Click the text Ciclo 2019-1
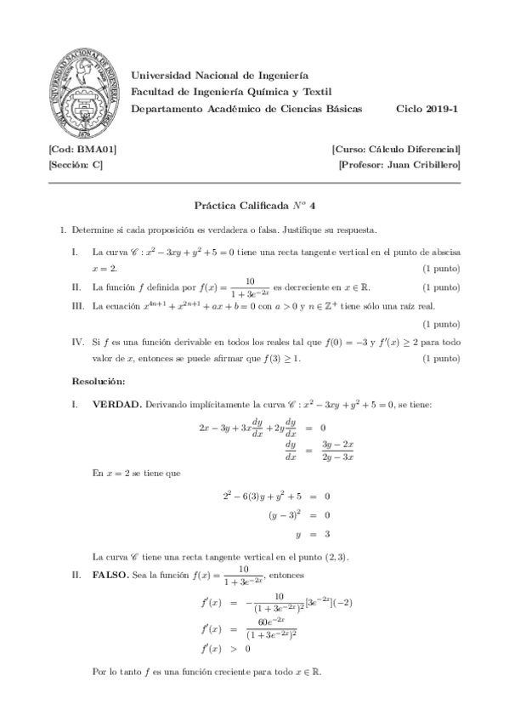tap(428, 109)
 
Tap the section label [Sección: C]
tap(76, 165)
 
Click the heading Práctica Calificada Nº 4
tap(254, 205)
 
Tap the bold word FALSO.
tap(110, 576)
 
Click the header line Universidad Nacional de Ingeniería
tap(220, 76)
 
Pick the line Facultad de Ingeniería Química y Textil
tap(231, 92)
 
